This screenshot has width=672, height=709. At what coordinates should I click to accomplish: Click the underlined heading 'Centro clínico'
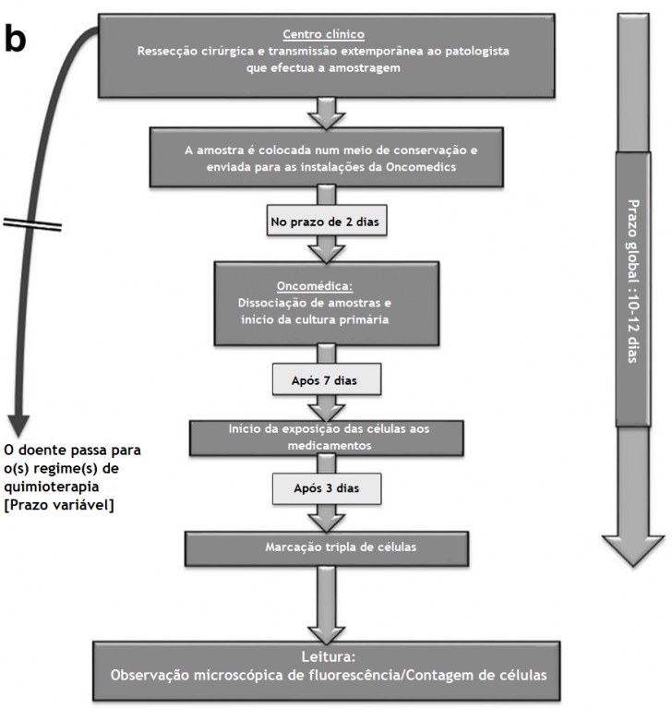323,34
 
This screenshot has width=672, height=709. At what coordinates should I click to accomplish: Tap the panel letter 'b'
16,39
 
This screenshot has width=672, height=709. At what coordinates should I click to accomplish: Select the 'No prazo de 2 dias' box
327,222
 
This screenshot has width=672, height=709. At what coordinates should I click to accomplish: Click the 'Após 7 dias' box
327,379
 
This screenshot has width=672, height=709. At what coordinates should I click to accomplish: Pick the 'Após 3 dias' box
327,488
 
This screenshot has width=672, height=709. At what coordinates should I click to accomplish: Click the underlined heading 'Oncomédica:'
315,286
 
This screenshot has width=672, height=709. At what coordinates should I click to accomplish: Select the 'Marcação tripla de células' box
327,548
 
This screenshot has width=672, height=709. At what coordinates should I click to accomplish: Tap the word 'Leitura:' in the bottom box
329,656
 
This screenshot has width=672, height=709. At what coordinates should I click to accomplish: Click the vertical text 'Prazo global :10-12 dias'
633,281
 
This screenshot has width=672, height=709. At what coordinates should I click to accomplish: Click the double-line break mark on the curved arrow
32,223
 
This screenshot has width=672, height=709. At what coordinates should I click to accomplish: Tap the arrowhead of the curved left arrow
18,426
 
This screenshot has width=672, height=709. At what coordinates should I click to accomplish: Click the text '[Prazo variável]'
59,505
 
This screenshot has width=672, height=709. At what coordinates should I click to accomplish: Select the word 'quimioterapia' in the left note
52,487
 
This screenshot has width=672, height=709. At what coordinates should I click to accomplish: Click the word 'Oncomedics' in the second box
421,167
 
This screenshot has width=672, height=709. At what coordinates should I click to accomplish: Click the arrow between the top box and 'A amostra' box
327,113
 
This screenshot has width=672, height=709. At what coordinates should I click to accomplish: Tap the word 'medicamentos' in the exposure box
330,445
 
